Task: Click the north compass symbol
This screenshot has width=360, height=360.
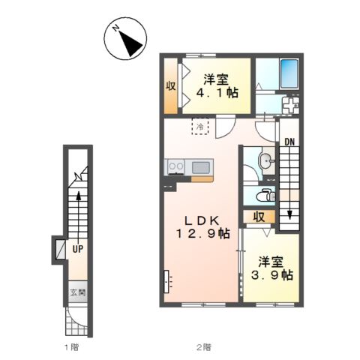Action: pos(125,38)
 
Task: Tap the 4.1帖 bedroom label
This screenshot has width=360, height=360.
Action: pos(216,86)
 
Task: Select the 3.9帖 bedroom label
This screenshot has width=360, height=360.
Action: pos(271,268)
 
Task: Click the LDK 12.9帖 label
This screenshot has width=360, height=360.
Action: pos(203,227)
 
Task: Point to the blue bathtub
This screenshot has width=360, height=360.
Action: pos(289,73)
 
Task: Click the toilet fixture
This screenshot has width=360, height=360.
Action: pos(267,196)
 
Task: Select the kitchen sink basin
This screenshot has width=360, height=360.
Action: pos(201,167)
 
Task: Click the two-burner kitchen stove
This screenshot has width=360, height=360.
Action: pos(176,166)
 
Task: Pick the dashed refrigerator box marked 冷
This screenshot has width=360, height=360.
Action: pos(200,127)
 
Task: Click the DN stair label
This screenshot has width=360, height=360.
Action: pos(289,142)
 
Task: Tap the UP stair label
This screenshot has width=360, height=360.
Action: pos(78,249)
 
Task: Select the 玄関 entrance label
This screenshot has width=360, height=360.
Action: pos(78,292)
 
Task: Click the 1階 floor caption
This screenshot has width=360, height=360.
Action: pos(72,347)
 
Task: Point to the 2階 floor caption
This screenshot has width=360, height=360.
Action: pos(203,347)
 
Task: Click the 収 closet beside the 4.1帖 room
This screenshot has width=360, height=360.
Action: pos(171,86)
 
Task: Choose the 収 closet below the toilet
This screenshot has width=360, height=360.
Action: pos(259,217)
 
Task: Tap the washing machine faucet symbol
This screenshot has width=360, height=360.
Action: pos(290,104)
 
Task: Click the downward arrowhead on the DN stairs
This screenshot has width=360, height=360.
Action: pos(289,214)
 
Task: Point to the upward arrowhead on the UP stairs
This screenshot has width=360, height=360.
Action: pos(79,196)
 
